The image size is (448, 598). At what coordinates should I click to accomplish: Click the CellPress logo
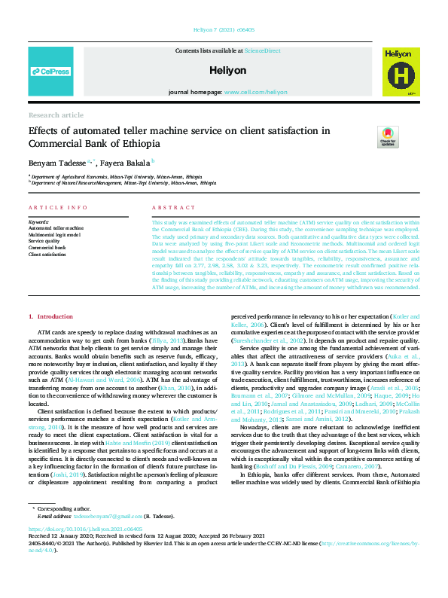50,72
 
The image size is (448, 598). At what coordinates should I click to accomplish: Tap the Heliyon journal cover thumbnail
398,72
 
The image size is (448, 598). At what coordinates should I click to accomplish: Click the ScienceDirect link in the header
262,50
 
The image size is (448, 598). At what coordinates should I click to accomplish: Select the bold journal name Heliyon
224,70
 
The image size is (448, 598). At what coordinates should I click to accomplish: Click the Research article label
56,115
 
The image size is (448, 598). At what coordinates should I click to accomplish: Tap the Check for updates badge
388,137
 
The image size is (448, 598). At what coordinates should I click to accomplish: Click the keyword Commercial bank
47,247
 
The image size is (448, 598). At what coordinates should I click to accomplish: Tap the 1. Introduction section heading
50,317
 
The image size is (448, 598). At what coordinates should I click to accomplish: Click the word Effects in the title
44,131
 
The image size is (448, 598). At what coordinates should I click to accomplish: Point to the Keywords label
39,222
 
